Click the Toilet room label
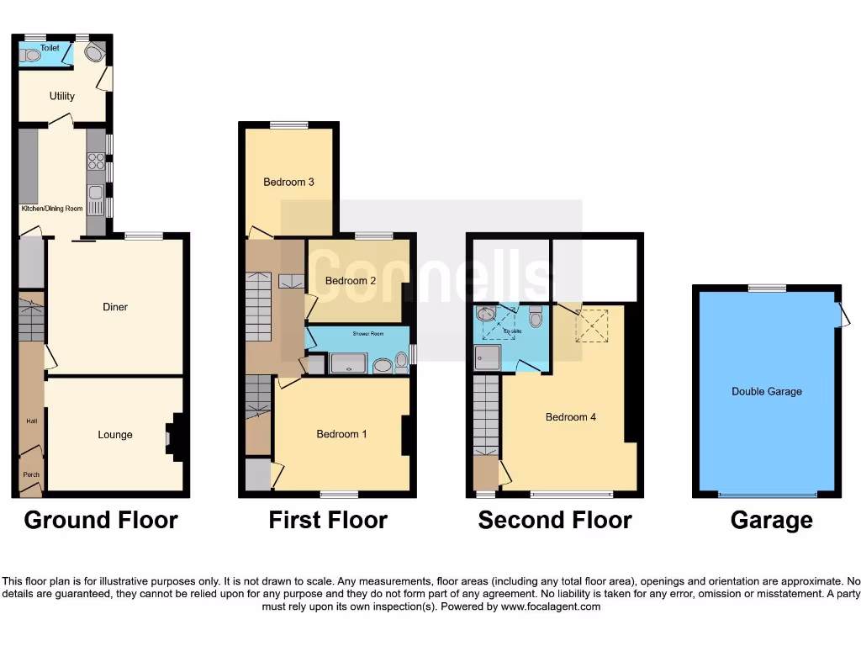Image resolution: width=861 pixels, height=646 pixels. tap(50, 48)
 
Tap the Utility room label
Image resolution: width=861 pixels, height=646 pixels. tap(61, 96)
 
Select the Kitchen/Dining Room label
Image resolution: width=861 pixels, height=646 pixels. tap(51, 208)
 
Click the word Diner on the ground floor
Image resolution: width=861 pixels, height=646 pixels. tap(115, 307)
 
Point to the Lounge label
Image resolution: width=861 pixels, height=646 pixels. tap(115, 435)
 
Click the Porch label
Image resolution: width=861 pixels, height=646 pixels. tap(31, 474)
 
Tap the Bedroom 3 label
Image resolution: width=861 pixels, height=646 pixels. tap(288, 182)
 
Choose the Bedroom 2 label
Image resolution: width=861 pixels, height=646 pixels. tap(351, 281)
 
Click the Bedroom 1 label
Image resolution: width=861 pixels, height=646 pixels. tap(341, 434)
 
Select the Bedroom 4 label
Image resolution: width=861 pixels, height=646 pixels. tap(571, 417)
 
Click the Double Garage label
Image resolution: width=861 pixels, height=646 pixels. tap(766, 391)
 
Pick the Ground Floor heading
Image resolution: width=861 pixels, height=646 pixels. tap(101, 520)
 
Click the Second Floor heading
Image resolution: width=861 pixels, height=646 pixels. tap(555, 520)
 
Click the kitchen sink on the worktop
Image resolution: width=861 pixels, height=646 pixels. tap(96, 200)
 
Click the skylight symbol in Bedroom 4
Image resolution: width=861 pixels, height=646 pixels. tap(592, 326)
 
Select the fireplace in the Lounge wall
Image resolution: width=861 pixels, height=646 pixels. tap(172, 437)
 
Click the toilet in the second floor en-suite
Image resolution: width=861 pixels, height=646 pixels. tap(536, 318)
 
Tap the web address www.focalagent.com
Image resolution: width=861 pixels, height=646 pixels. tap(551, 606)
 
